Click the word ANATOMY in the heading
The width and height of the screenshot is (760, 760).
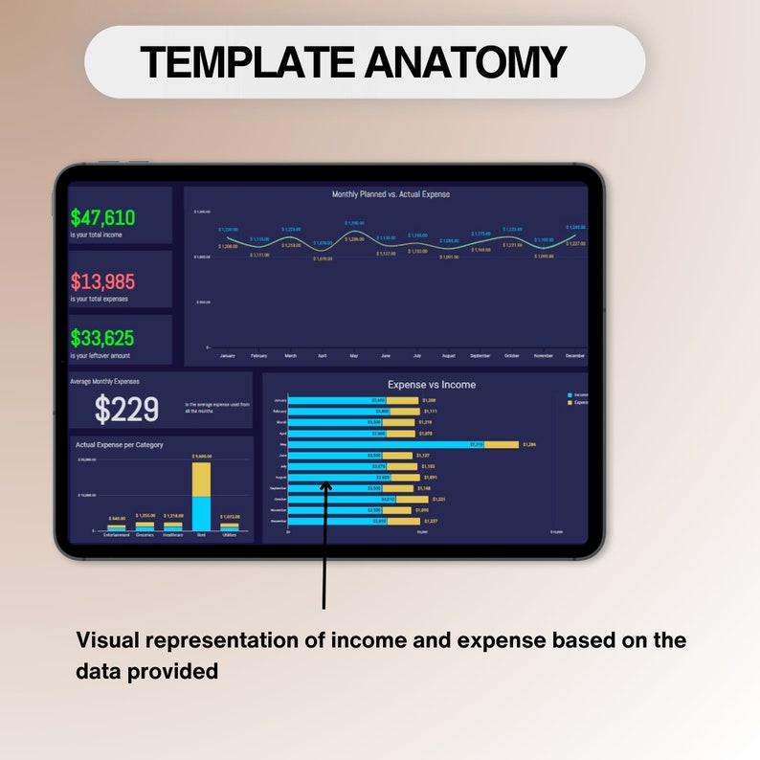[464, 62]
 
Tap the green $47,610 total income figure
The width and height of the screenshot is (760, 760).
[102, 217]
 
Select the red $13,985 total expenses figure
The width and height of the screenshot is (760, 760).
[102, 281]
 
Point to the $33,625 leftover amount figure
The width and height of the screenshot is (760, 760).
[102, 338]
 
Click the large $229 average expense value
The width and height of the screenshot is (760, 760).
[126, 410]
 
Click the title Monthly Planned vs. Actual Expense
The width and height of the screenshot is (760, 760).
[391, 194]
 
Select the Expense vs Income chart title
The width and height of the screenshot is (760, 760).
[431, 385]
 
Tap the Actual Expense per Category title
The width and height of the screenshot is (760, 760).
[120, 445]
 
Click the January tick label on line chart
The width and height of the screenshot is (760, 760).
[228, 355]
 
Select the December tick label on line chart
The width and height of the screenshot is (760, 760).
[574, 355]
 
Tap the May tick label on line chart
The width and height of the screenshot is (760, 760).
[354, 355]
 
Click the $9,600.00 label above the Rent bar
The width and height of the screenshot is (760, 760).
[201, 457]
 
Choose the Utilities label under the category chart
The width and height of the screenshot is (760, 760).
[230, 534]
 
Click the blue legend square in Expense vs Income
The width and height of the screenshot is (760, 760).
[570, 395]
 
